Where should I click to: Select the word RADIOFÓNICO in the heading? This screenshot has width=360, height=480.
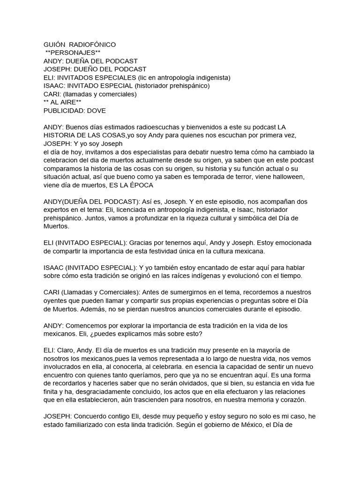click(96, 45)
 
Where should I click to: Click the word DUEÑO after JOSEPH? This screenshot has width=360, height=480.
click(90, 69)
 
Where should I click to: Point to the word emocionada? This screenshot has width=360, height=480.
click(292, 243)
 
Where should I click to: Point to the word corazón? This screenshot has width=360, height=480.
click(292, 400)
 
